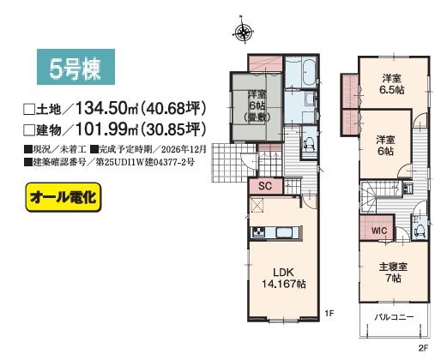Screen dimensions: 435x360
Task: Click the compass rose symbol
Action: [244, 32]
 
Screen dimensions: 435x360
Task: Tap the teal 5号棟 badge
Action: [76, 67]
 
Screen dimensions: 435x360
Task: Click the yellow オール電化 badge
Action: [63, 197]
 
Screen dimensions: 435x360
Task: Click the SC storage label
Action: [265, 186]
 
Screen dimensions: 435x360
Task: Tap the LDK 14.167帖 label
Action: [283, 278]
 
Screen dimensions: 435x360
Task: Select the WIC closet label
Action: [379, 231]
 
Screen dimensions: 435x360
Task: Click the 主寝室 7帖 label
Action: [393, 273]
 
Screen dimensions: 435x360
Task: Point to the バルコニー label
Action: [394, 317]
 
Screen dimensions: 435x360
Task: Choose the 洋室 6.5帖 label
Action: [392, 84]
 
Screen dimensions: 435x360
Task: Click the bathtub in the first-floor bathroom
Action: [309, 71]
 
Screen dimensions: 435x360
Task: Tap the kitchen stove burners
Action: [258, 232]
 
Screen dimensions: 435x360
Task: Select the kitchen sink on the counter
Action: [287, 232]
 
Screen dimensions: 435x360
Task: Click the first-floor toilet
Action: [309, 143]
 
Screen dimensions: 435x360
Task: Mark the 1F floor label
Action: [329, 313]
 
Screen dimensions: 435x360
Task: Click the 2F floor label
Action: [423, 348]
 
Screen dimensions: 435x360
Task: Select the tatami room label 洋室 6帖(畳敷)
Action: [257, 106]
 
